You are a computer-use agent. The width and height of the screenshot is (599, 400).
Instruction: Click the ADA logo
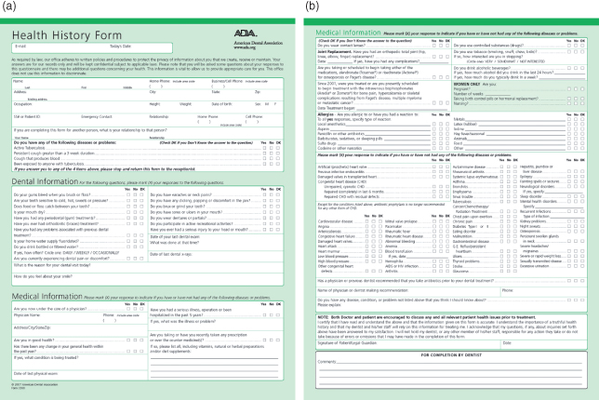pos(224,34)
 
